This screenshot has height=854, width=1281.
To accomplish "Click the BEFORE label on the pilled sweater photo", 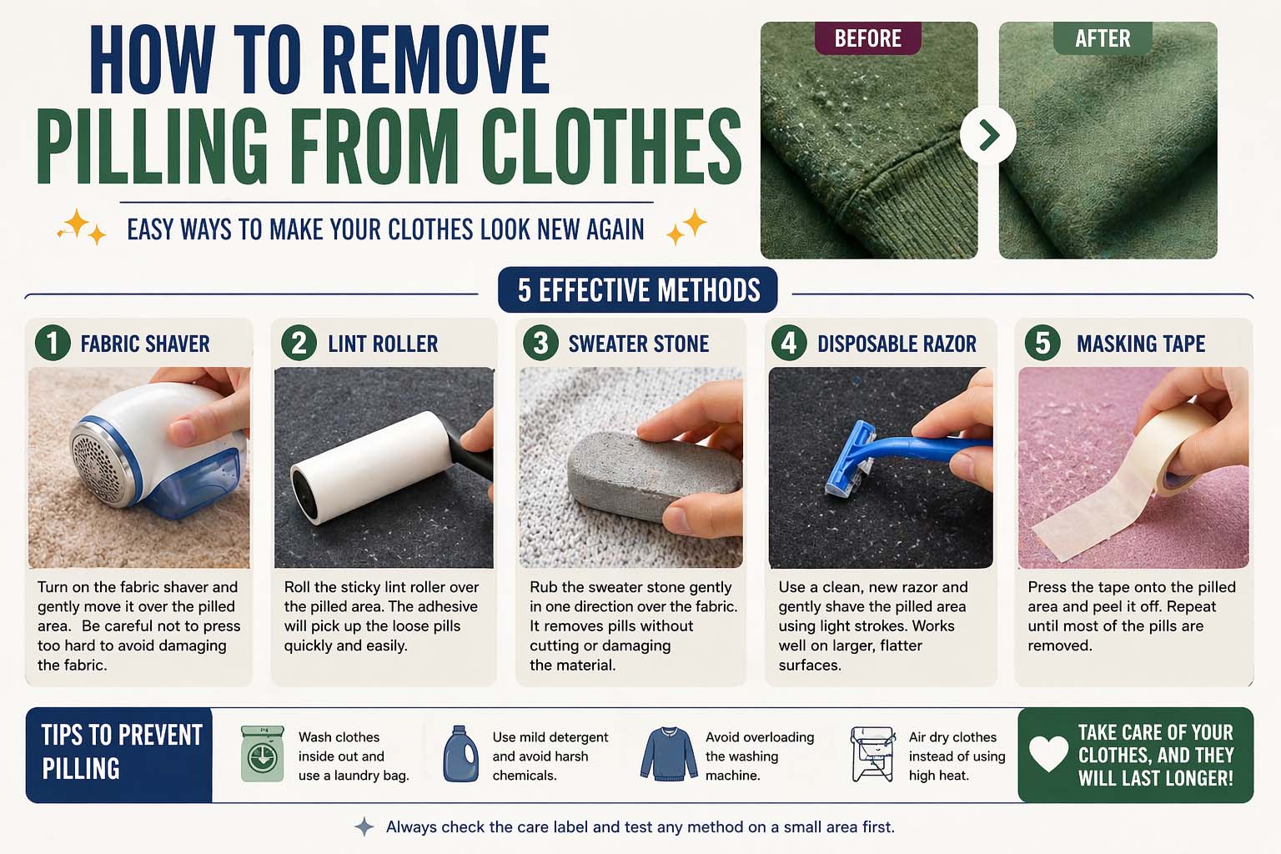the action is point(867,38).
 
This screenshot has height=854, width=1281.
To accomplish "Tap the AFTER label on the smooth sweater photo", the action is point(1103,38).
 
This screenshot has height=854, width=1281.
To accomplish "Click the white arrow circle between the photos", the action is point(988,135).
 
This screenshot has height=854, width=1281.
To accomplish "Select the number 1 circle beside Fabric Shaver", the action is point(53,344).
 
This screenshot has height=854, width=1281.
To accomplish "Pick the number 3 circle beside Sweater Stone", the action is point(540,344).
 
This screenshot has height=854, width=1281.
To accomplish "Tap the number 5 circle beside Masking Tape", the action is point(1042,344).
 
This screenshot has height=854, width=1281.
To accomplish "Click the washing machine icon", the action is point(263,753).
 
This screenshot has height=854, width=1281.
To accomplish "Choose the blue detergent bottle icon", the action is point(461,753).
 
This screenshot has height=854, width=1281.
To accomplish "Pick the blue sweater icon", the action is point(669,754).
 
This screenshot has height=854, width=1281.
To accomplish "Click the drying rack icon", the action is point(872,754).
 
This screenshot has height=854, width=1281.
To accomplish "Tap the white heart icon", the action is point(1048,754).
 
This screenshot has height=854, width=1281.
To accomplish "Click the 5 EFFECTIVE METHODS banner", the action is point(638,290).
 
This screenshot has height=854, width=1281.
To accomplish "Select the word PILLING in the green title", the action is point(152,146).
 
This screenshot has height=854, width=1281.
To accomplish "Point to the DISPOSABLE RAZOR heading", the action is point(897,344).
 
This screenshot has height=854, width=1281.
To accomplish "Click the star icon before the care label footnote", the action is point(364,826).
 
